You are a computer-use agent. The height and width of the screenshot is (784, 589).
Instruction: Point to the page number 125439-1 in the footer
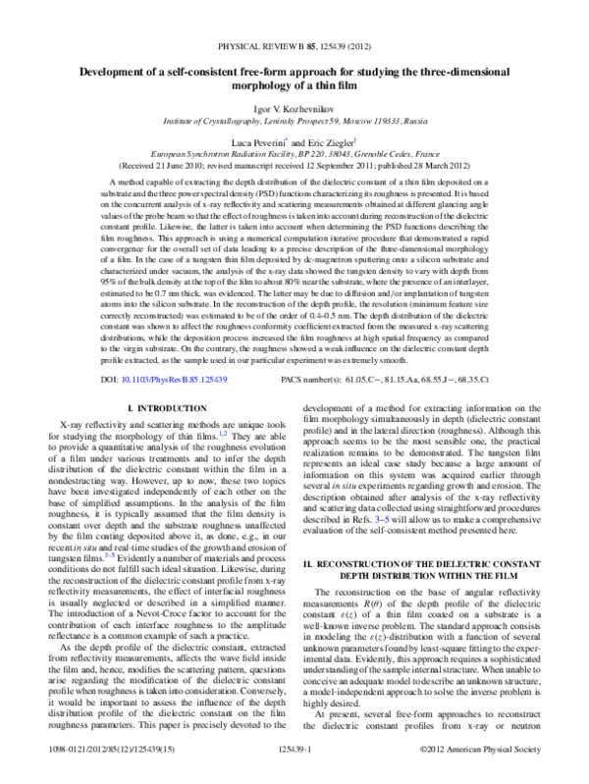(294, 773)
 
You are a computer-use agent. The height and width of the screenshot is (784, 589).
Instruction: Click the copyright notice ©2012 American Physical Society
(484, 773)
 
